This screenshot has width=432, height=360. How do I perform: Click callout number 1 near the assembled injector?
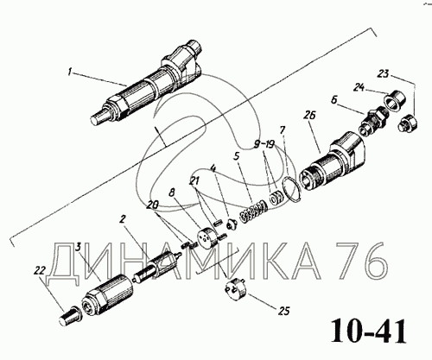click(x=69, y=71)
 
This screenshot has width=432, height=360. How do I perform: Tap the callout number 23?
click(x=383, y=73)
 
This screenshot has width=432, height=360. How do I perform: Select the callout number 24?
click(x=359, y=87)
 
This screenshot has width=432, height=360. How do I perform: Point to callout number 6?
click(x=334, y=99)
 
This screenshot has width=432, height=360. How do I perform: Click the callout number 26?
click(x=310, y=116)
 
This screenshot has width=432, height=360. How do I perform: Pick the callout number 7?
click(x=282, y=130)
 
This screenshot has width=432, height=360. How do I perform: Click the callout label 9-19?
click(x=264, y=144)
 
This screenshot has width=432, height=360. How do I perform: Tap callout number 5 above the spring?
click(x=237, y=156)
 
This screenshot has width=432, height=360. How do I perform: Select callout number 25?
click(x=284, y=311)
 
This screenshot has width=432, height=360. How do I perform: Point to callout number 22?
click(x=40, y=270)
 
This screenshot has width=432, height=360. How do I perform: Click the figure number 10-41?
click(x=369, y=331)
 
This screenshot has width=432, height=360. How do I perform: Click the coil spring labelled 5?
click(x=253, y=212)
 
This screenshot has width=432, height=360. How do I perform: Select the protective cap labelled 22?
click(x=69, y=316)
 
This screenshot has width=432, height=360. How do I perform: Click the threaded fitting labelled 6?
click(x=374, y=121)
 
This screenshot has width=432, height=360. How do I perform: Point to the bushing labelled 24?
click(x=394, y=99)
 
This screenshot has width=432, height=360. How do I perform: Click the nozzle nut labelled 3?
click(x=107, y=295)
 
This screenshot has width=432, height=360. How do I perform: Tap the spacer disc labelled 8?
click(x=207, y=237)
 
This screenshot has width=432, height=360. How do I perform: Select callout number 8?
click(x=172, y=193)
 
